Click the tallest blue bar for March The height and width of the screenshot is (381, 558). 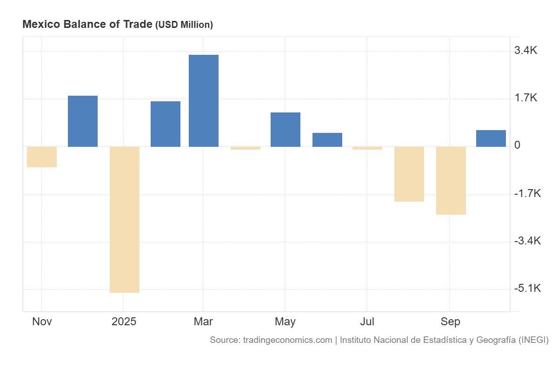tap(203, 101)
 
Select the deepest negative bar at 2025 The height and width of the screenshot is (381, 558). tap(125, 219)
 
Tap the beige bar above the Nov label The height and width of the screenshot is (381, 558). tap(42, 157)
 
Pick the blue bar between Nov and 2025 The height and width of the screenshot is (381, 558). tap(83, 121)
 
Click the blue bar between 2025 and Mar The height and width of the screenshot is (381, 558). tap(166, 124)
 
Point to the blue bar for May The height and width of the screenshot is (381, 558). tap(285, 130)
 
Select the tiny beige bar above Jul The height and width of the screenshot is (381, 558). tap(367, 148)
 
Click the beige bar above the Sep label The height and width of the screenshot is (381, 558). tap(451, 181)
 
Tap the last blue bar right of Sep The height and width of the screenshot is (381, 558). tap(491, 138)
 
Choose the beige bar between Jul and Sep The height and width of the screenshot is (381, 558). tap(409, 174)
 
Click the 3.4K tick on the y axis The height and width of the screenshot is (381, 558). tap(525, 51)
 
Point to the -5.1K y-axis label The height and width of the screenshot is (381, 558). tap(527, 289)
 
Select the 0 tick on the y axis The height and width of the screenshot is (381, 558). tap(518, 145)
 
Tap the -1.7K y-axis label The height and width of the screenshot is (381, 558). tap(527, 193)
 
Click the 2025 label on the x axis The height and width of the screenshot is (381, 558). tap(124, 322)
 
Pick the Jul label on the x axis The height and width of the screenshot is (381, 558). tap(367, 322)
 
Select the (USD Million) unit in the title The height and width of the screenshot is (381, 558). tap(184, 25)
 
